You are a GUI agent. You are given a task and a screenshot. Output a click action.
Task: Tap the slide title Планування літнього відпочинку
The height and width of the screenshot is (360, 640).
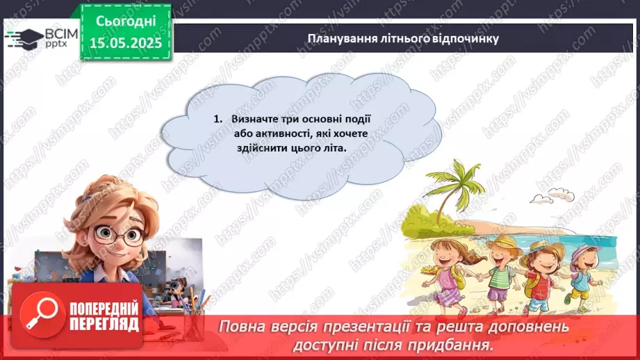pyautogui.click(x=403, y=38)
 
